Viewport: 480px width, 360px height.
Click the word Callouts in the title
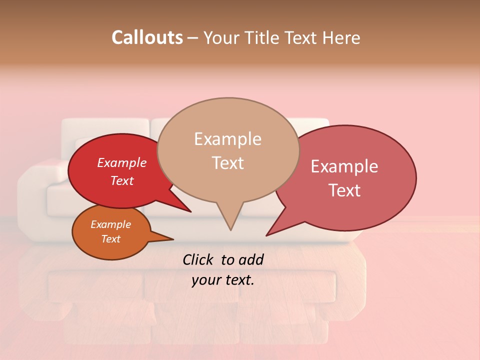click(x=147, y=38)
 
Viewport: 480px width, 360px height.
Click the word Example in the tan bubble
click(x=227, y=139)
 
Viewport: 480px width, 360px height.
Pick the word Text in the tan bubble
click(x=227, y=163)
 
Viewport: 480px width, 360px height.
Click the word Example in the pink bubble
click(x=344, y=166)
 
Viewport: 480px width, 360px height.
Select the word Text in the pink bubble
click(x=344, y=190)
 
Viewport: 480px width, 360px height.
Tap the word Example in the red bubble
click(x=122, y=163)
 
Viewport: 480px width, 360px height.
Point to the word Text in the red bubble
click(x=122, y=181)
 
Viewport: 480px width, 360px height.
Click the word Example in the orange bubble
click(x=110, y=224)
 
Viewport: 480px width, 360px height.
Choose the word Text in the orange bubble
click(x=110, y=239)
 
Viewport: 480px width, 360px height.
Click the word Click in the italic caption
click(x=198, y=259)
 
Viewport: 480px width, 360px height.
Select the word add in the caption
click(x=251, y=259)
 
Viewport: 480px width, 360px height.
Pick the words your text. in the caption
click(x=222, y=280)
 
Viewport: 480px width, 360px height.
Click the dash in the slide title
click(x=193, y=38)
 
